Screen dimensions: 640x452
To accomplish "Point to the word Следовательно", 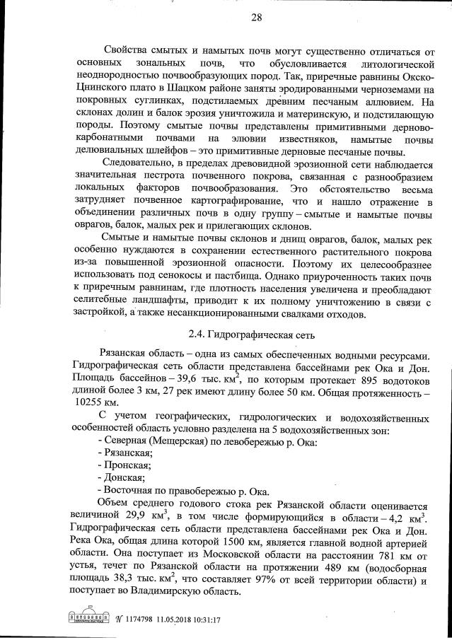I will tap(141, 165).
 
